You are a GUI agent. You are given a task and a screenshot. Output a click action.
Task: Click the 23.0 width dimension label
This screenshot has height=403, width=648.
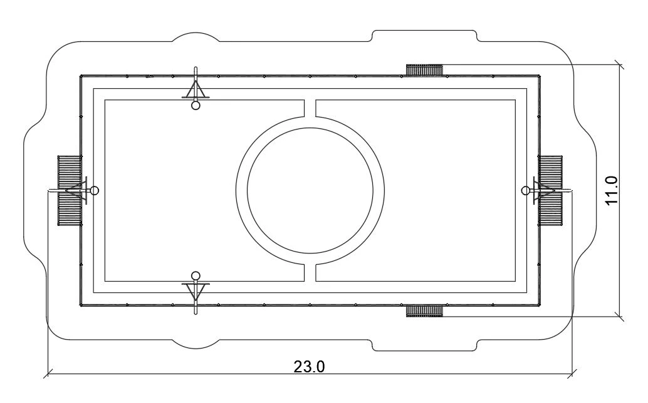[x=309, y=366]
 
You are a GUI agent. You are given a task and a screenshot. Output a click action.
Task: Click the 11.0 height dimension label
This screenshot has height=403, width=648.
[x=611, y=190]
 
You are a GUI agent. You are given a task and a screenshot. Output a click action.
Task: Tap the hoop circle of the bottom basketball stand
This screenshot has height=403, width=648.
[x=196, y=275]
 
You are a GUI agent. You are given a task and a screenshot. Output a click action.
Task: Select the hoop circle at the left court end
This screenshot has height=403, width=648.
[x=95, y=191]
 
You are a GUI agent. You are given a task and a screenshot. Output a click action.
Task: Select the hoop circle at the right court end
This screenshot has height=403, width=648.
[x=526, y=190]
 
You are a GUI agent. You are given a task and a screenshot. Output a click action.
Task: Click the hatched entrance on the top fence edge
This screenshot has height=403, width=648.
[x=424, y=69]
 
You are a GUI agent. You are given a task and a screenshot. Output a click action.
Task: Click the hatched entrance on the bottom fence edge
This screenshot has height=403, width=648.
[x=424, y=311]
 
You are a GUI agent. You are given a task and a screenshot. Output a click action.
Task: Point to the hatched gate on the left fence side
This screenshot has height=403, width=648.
[x=70, y=190]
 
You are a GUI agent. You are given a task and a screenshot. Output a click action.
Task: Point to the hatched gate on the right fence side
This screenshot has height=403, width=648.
[x=550, y=190]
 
